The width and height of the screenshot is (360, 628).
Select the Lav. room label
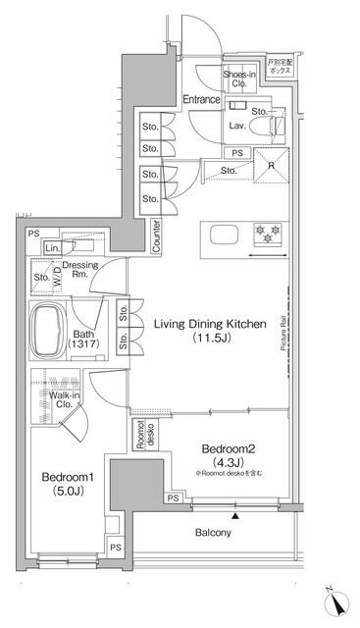coord(235,126)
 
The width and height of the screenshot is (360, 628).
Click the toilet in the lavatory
coord(277,126)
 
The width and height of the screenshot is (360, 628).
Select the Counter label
coord(157,235)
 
